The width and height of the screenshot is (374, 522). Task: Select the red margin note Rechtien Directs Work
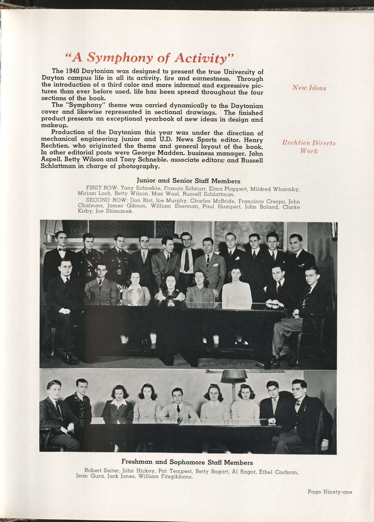coord(308,147)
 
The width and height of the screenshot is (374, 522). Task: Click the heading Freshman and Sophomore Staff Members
coord(187,462)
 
